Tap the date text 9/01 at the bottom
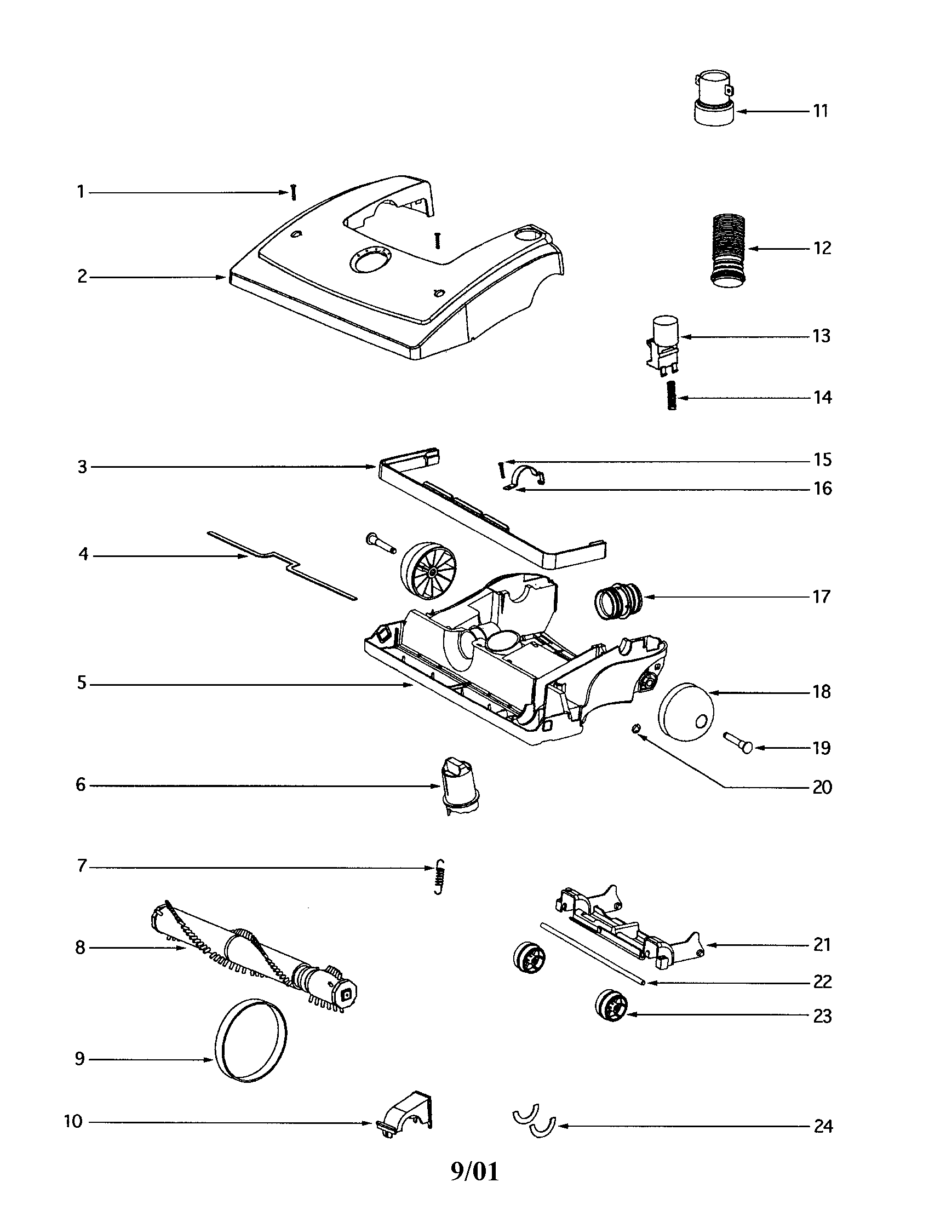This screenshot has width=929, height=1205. [x=474, y=1172]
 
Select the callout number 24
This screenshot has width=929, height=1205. [x=823, y=1126]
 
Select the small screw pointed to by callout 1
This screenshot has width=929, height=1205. [x=294, y=193]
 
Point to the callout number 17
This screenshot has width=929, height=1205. [x=821, y=597]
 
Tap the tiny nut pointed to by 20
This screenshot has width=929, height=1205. [x=635, y=729]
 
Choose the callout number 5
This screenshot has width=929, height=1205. [x=82, y=684]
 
